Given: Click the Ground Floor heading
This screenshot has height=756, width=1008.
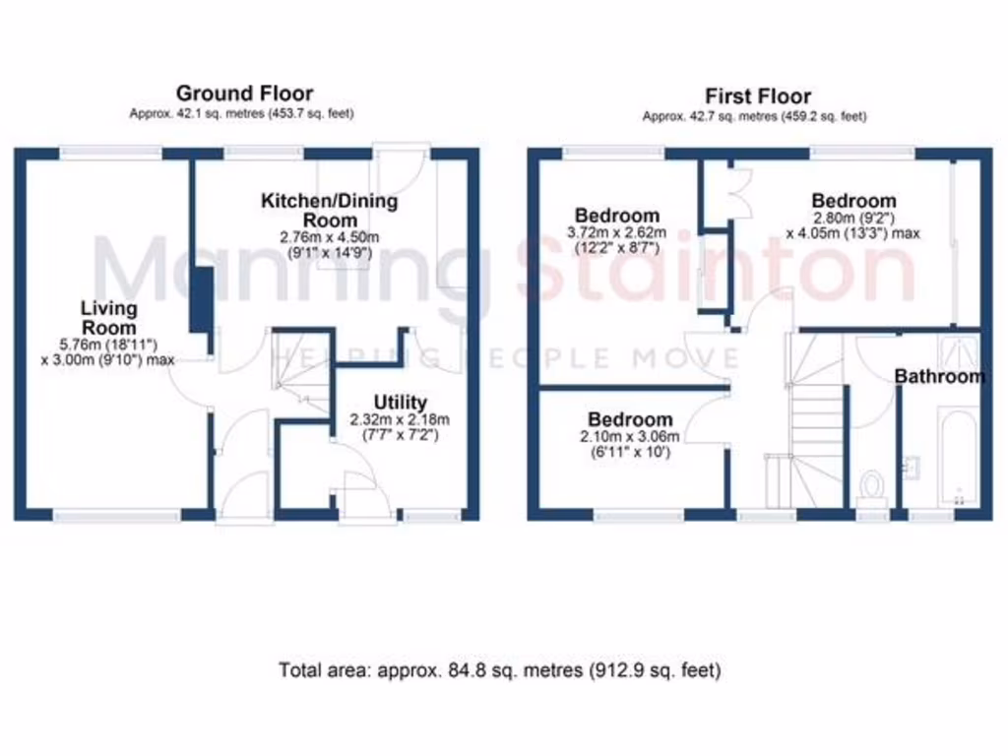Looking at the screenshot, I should pyautogui.click(x=244, y=94).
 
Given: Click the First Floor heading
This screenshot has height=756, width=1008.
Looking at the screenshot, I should pyautogui.click(x=758, y=96).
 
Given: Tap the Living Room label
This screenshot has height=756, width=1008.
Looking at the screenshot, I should pyautogui.click(x=108, y=318).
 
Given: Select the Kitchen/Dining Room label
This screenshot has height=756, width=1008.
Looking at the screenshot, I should pyautogui.click(x=329, y=210).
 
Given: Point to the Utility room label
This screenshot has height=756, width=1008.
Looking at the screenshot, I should pyautogui.click(x=401, y=402).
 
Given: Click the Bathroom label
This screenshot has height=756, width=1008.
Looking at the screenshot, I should pyautogui.click(x=939, y=376).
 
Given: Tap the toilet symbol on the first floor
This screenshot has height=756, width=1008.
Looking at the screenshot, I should pyautogui.click(x=871, y=485).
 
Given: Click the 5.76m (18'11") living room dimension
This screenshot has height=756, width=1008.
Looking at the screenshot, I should pyautogui.click(x=108, y=345).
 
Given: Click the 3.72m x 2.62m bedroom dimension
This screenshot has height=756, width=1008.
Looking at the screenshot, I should pyautogui.click(x=617, y=233).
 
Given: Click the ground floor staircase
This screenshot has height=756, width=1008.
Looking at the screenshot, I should pyautogui.click(x=299, y=372).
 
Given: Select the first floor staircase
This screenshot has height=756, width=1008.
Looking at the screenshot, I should pyautogui.click(x=817, y=423).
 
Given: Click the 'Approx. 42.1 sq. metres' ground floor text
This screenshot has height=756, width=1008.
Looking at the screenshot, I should pyautogui.click(x=242, y=114).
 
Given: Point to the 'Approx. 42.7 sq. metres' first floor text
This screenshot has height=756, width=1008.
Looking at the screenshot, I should pyautogui.click(x=754, y=116).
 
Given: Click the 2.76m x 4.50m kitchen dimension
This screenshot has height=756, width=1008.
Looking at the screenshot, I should pyautogui.click(x=329, y=237).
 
